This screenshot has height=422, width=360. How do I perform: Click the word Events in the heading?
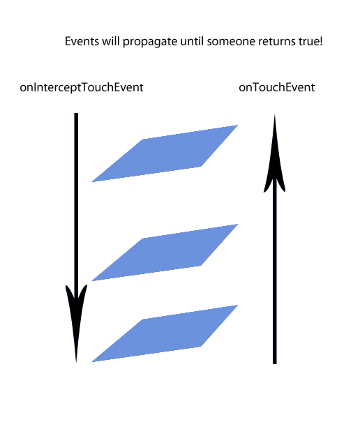pyautogui.click(x=82, y=41)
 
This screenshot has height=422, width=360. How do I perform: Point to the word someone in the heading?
pyautogui.click(x=231, y=42)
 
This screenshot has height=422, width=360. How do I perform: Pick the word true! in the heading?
pyautogui.click(x=310, y=41)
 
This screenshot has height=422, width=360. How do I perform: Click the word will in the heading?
pyautogui.click(x=111, y=41)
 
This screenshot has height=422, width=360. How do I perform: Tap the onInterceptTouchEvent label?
pyautogui.click(x=82, y=88)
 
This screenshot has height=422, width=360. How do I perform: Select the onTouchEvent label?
pyautogui.click(x=277, y=87)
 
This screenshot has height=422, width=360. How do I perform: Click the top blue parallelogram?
pyautogui.click(x=165, y=153)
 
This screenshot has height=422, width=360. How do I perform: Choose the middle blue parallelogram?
pyautogui.click(x=165, y=253)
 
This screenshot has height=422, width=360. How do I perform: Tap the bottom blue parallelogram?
pyautogui.click(x=165, y=333)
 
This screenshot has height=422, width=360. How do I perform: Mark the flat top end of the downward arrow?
pyautogui.click(x=76, y=113)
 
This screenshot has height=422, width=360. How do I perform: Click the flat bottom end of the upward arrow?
pyautogui.click(x=275, y=363)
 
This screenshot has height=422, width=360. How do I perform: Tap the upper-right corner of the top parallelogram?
pyautogui.click(x=238, y=125)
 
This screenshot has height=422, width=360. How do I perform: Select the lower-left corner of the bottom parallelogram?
pyautogui.click(x=92, y=362)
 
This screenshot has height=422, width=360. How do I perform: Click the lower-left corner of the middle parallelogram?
pyautogui.click(x=92, y=280)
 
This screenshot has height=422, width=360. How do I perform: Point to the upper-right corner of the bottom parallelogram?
pyautogui.click(x=238, y=305)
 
